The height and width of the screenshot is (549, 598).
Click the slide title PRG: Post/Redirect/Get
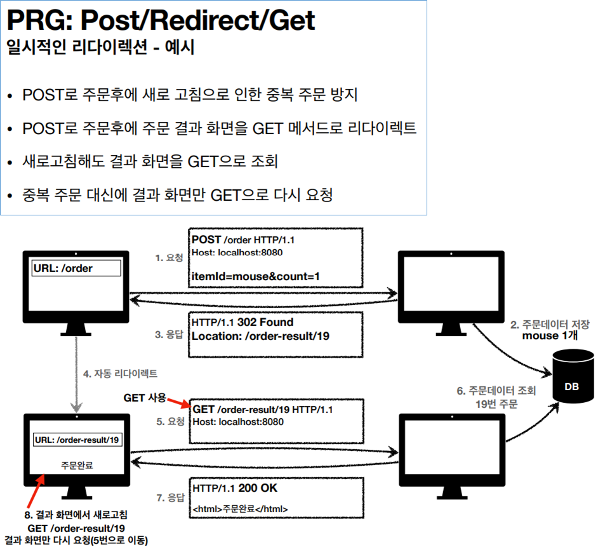[161, 20]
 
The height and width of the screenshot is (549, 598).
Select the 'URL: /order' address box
[77, 268]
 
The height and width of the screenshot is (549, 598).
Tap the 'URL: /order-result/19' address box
[76, 440]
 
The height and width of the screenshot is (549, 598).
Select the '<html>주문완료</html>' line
[241, 509]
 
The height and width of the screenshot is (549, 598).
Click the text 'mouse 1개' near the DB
[549, 336]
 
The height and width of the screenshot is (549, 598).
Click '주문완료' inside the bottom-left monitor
[77, 464]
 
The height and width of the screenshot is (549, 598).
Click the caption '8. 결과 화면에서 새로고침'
[76, 515]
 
